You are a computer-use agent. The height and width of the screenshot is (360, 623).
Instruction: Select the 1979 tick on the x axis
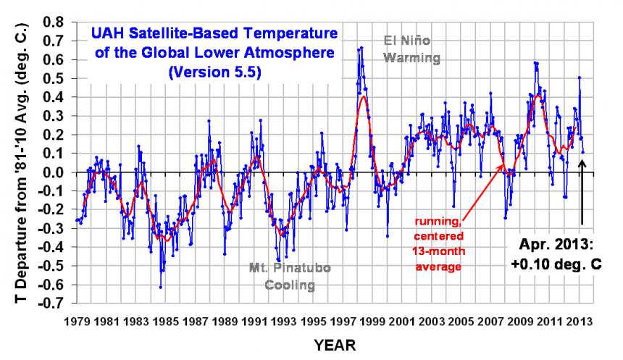click(75, 319)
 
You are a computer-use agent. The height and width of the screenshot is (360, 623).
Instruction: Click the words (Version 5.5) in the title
click(213, 72)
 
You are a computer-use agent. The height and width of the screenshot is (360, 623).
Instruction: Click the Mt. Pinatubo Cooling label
click(290, 276)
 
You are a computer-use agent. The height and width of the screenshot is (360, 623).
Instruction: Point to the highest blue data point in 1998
click(361, 48)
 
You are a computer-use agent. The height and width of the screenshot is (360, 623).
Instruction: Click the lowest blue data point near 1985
click(161, 287)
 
